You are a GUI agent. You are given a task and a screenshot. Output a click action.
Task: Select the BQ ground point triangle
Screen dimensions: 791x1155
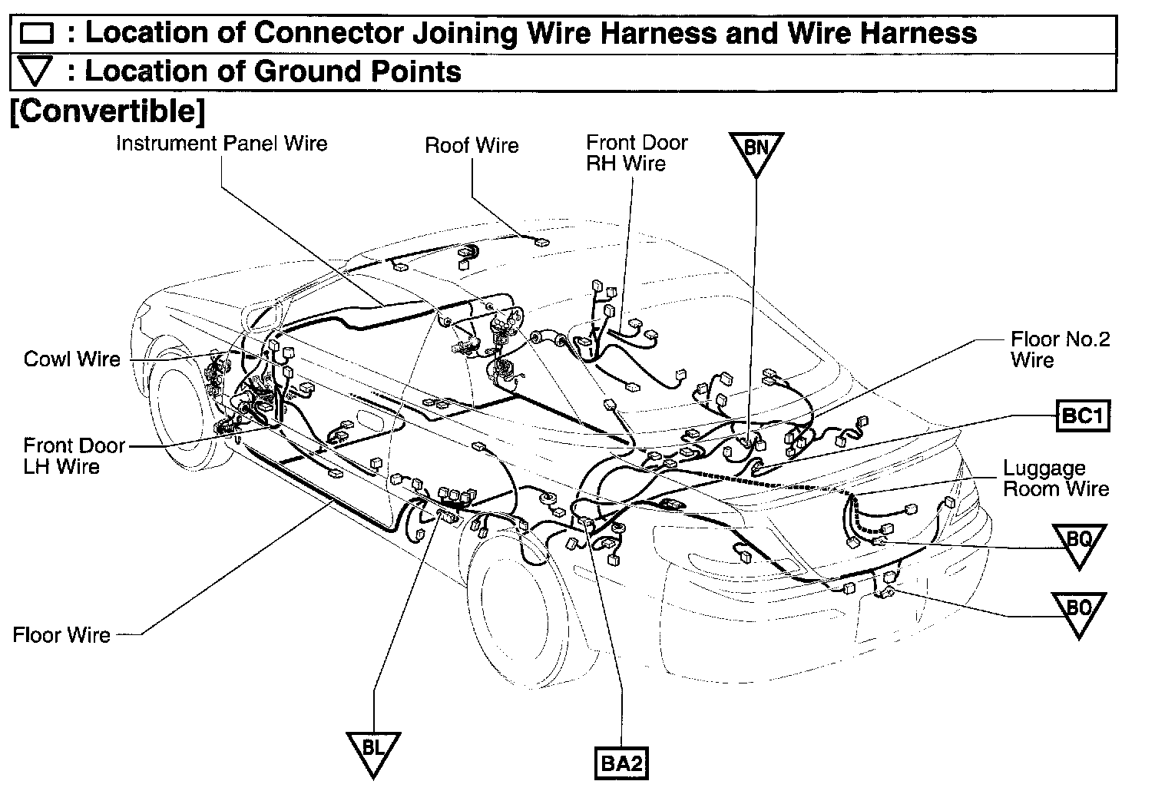click(1079, 541)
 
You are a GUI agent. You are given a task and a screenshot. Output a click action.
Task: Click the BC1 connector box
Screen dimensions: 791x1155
click(1083, 415)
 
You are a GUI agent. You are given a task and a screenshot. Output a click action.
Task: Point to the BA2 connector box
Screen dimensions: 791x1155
click(622, 764)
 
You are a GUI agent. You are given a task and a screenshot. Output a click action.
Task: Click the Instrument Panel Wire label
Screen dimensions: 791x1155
click(221, 143)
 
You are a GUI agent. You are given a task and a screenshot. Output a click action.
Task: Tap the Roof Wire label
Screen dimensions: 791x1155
click(472, 145)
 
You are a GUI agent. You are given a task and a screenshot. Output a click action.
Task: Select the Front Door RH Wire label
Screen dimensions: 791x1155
click(637, 152)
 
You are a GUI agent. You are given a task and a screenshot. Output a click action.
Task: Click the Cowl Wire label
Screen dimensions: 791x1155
click(72, 359)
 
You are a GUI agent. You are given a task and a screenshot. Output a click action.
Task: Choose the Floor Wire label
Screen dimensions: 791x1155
click(61, 635)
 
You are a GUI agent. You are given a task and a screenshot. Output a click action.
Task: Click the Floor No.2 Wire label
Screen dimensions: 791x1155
click(1060, 349)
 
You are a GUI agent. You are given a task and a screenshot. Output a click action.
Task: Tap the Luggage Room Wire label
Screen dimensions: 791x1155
click(1056, 478)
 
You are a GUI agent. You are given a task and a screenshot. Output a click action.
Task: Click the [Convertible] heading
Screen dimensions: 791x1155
click(107, 111)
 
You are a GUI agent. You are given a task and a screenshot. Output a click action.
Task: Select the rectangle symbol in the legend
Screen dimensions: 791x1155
click(37, 35)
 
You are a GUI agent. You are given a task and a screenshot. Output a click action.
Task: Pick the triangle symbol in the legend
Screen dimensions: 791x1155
click(36, 72)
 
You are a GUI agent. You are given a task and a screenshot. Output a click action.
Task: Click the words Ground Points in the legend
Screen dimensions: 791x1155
click(357, 71)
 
